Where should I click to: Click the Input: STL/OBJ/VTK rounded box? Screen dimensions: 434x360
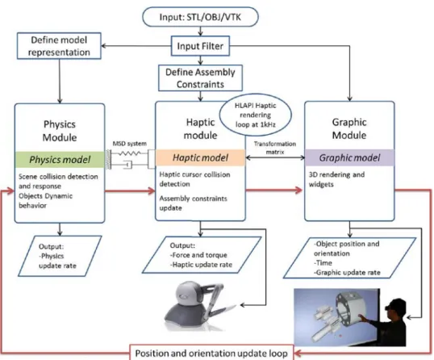200,17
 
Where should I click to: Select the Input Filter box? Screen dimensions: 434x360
200,46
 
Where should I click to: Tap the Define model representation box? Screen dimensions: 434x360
59,46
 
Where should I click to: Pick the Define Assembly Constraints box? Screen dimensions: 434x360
200,78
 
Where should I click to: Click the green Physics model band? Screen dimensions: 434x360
60,160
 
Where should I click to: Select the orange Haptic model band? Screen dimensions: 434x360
200,157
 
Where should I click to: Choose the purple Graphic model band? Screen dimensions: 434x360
349,157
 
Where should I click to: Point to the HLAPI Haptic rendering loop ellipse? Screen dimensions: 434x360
256,115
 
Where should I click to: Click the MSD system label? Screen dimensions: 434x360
130,144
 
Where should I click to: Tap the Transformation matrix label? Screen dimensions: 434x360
275,148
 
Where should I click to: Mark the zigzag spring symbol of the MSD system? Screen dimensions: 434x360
130,153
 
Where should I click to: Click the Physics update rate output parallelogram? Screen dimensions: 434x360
60,256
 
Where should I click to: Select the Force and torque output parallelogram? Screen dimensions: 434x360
202,255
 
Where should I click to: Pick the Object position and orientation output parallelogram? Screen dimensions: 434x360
349,257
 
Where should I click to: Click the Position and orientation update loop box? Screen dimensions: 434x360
211,353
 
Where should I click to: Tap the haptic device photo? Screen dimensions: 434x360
199,306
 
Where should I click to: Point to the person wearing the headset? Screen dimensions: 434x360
387,323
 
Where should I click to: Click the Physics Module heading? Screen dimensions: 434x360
60,131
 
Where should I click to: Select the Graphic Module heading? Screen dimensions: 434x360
349,128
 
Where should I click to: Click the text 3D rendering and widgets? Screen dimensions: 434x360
336,179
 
